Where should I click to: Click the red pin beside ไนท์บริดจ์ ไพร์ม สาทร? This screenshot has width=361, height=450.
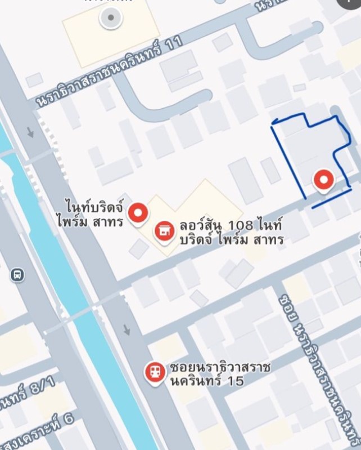click(138, 212)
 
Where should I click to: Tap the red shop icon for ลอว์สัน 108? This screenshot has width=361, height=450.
click(164, 230)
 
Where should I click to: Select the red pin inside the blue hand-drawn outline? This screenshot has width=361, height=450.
click(323, 180)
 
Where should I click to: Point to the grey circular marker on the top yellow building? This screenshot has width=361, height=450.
click(111, 17)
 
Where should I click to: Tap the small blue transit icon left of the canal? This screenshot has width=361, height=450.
click(17, 275)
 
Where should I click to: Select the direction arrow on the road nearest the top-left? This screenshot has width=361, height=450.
click(30, 132)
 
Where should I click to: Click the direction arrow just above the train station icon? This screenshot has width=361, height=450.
click(127, 329)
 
